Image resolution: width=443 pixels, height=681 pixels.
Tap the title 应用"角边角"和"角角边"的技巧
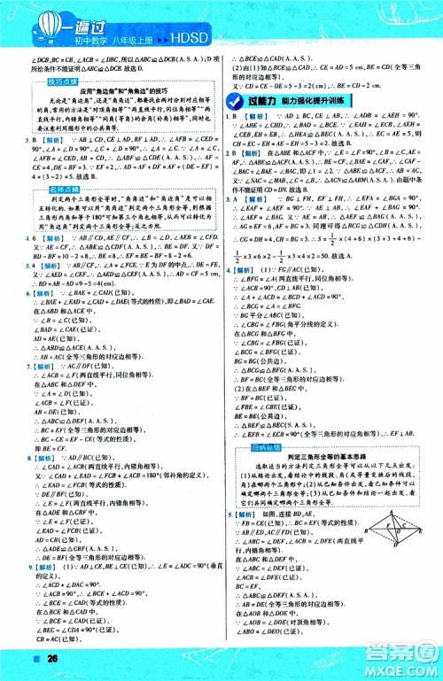[x=124, y=91]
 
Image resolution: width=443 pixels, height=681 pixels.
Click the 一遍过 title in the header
[x=74, y=21]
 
